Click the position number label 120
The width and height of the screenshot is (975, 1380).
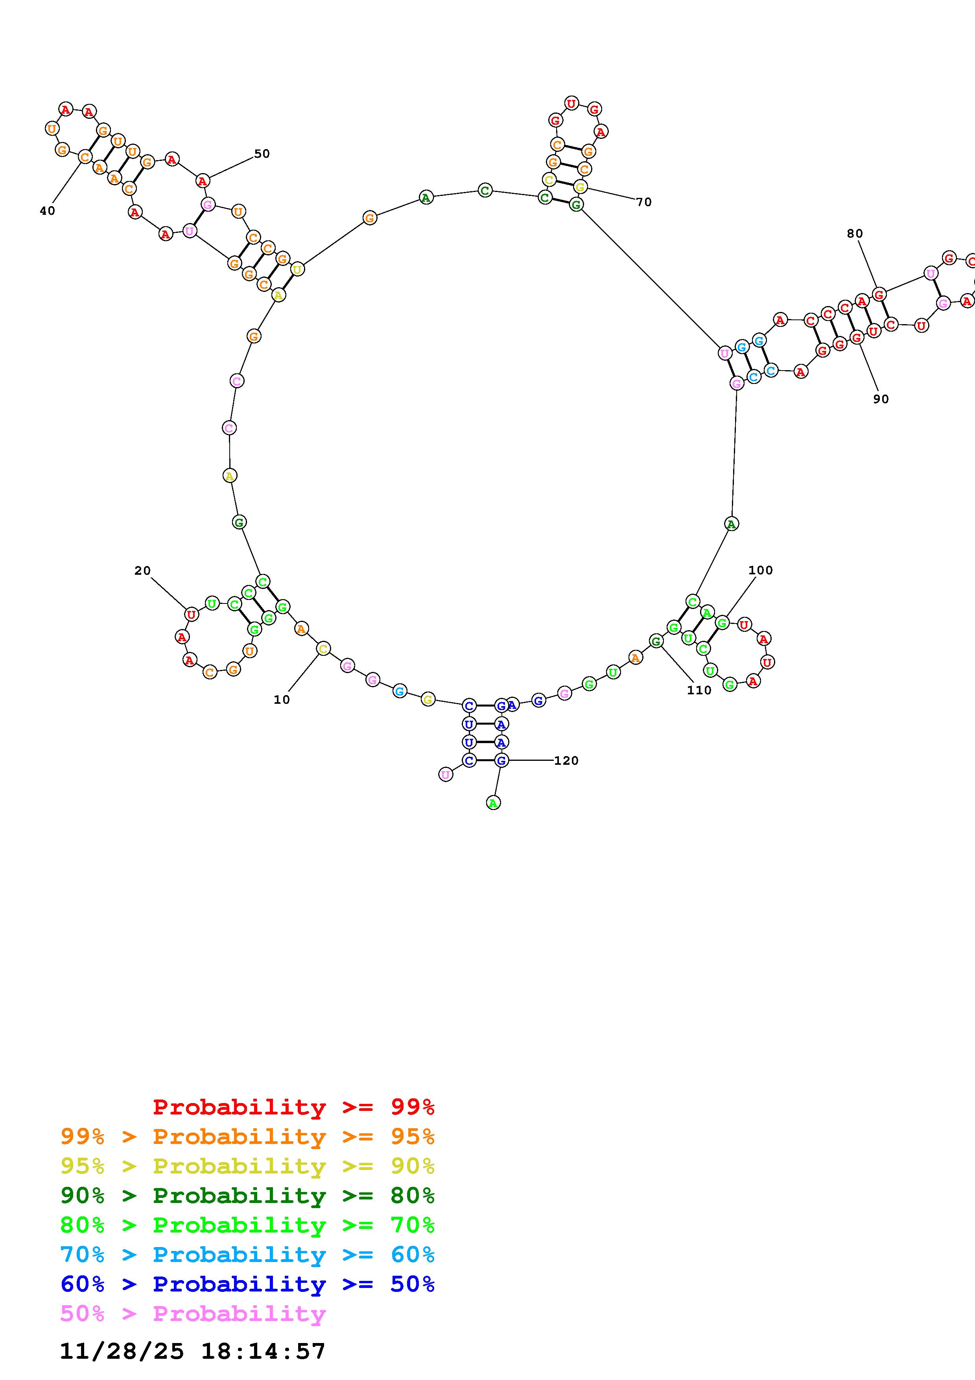tap(566, 760)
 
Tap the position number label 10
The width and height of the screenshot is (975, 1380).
tap(282, 699)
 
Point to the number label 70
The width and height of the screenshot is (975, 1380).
tap(644, 202)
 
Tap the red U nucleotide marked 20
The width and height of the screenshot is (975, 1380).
tap(192, 614)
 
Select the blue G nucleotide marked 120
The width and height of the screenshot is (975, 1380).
tap(501, 760)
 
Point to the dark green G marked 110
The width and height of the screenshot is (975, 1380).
tap(656, 641)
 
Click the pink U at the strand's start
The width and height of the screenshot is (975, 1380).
tap(445, 775)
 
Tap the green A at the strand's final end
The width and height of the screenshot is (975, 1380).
tap(493, 803)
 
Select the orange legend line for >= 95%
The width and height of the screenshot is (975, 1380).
tap(247, 1136)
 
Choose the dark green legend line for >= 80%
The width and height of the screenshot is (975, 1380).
tap(247, 1196)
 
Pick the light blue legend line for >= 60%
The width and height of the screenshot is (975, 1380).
tap(247, 1255)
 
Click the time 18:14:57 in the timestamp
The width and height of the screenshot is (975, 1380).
tap(263, 1351)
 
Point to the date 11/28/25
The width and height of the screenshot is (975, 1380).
tap(122, 1351)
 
